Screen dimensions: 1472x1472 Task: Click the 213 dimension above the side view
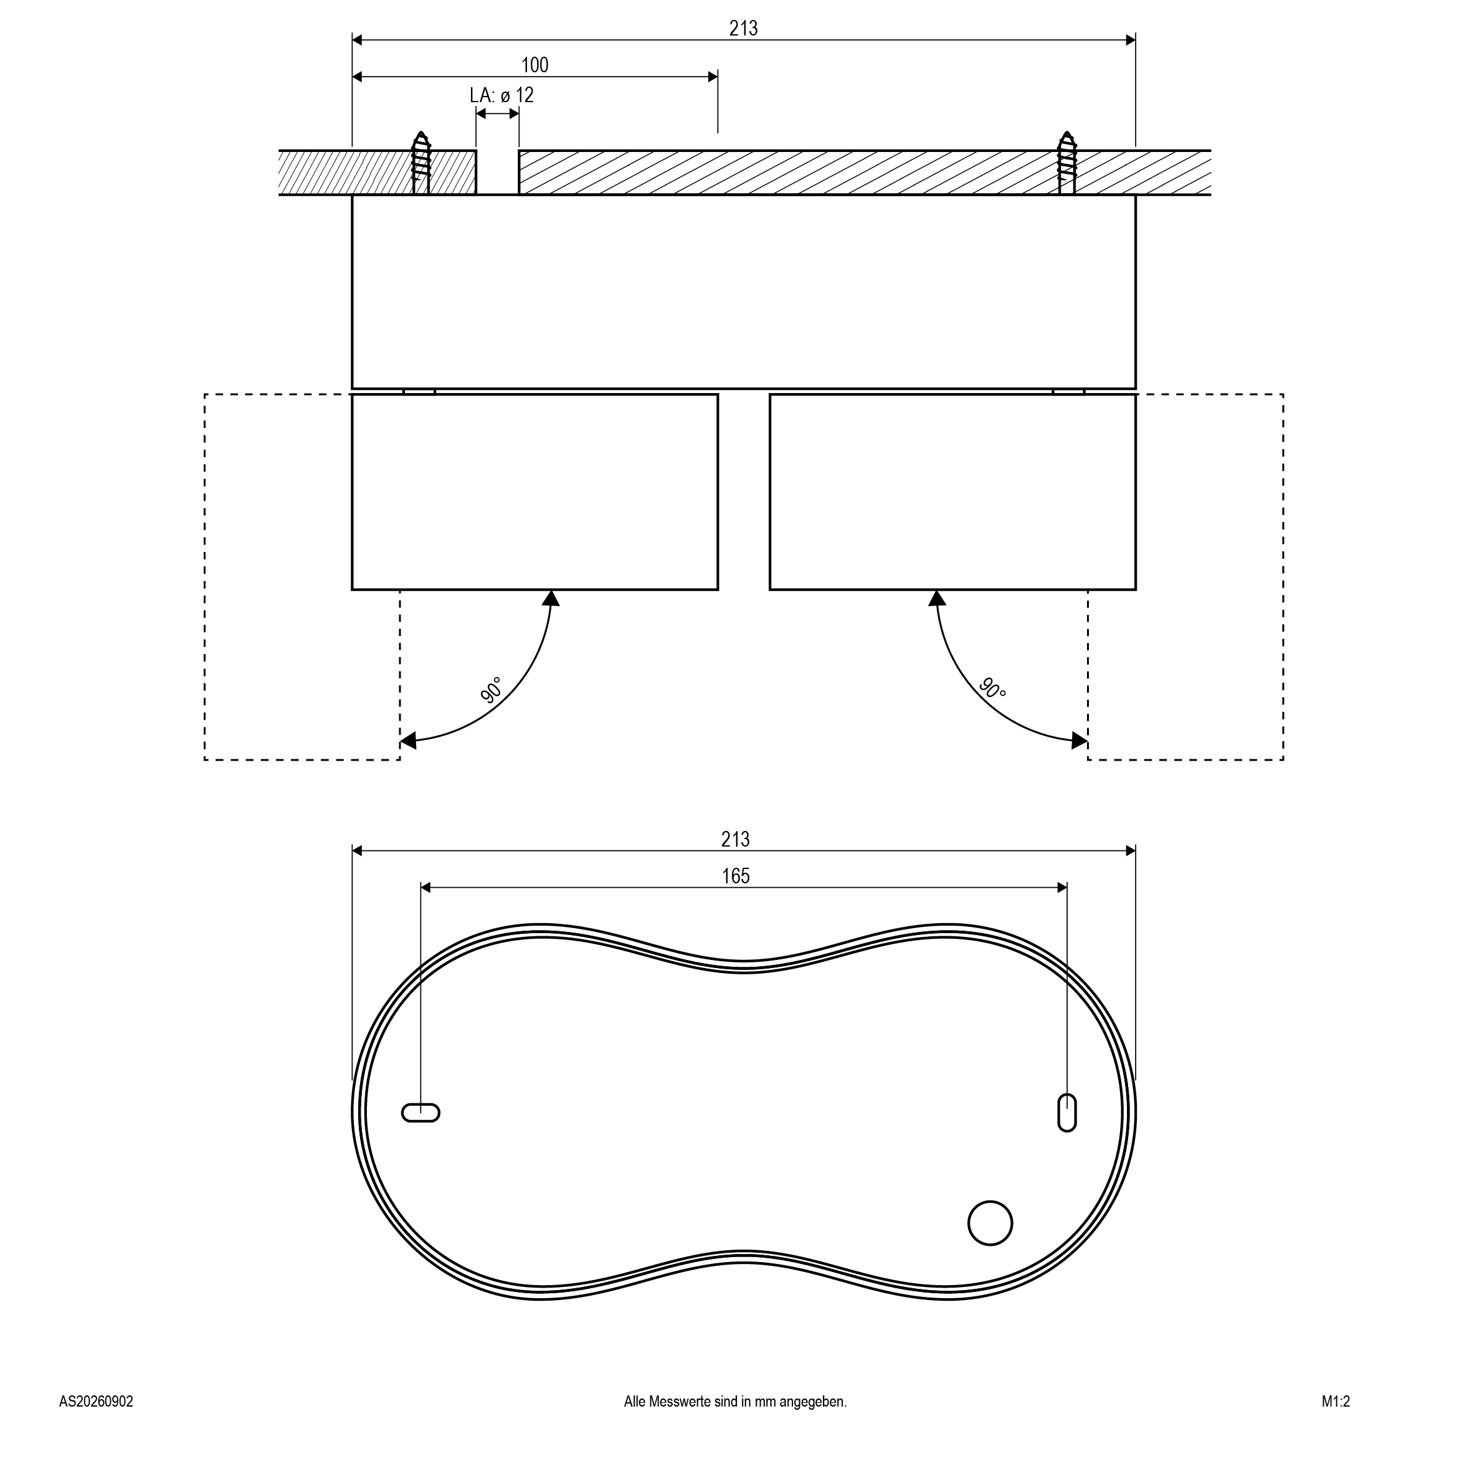tap(743, 28)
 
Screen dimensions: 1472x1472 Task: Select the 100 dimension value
tap(535, 65)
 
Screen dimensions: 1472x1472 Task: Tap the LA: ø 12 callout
tap(501, 95)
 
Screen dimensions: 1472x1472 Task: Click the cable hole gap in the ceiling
tap(498, 172)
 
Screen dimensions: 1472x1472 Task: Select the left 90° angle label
tap(491, 690)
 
